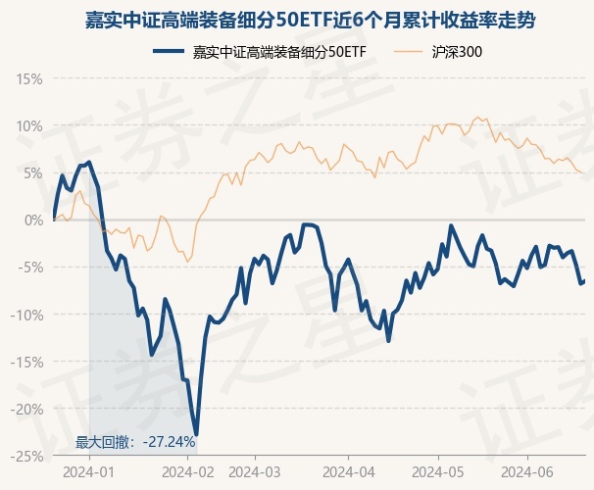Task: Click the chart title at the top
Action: (x=297, y=20)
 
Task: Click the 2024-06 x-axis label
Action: (x=527, y=470)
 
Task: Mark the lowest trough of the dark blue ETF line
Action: (x=196, y=434)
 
